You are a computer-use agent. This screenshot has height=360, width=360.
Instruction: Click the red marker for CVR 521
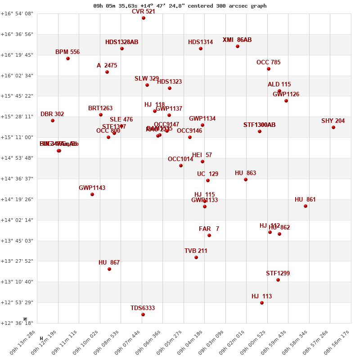tap(144, 18)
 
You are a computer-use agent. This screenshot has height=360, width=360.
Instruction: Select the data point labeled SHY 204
tap(333, 127)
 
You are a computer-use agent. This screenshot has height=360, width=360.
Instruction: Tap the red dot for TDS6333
tap(143, 315)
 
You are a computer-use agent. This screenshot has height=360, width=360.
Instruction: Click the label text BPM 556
tap(67, 52)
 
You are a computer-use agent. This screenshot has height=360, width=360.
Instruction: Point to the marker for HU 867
tap(109, 269)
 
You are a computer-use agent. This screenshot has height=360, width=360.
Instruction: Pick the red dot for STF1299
tap(278, 280)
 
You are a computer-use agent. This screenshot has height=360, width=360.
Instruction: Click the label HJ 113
tap(261, 297)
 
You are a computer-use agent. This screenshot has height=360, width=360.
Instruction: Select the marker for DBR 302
tap(53, 121)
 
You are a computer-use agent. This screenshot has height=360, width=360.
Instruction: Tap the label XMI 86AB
tap(237, 40)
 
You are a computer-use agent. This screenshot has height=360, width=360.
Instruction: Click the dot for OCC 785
tap(269, 69)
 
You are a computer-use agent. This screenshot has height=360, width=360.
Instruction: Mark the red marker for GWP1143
tap(92, 194)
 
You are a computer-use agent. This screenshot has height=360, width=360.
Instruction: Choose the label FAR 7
tap(209, 229)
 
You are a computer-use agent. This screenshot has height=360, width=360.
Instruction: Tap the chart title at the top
tap(180, 6)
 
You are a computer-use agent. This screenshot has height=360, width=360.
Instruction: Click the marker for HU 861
tap(306, 206)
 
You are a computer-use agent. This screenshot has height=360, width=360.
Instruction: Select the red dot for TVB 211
tap(196, 257)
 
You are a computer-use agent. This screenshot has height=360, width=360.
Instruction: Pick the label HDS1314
tap(200, 42)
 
